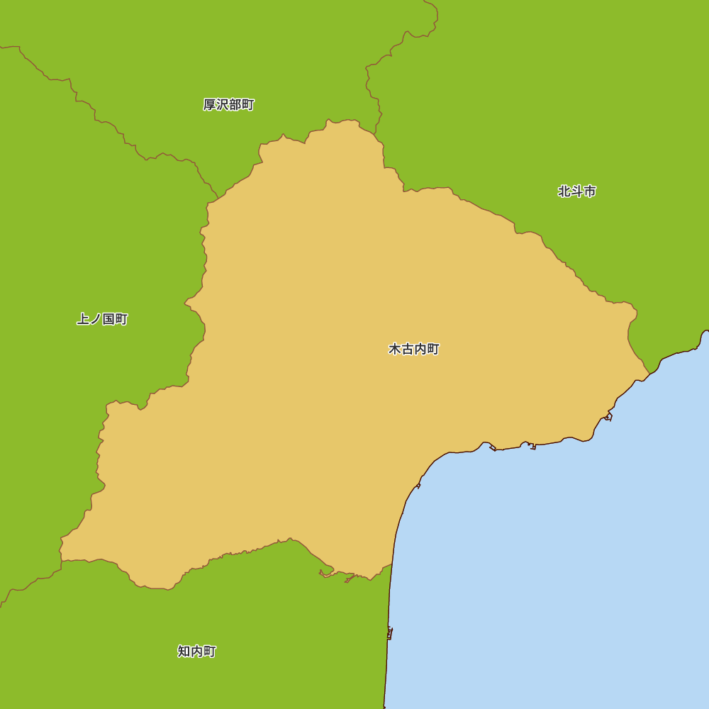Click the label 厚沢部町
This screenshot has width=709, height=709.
click(x=228, y=105)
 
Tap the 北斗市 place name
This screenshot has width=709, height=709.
click(x=576, y=191)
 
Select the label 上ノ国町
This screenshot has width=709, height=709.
click(x=102, y=319)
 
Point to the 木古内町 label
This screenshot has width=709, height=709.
click(x=414, y=350)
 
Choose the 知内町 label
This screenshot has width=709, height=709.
click(x=196, y=651)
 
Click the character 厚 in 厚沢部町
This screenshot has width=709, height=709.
click(x=209, y=105)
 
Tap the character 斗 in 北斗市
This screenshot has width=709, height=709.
click(x=577, y=191)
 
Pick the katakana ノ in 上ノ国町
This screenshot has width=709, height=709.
click(x=95, y=319)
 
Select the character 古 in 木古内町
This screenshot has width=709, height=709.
click(x=408, y=350)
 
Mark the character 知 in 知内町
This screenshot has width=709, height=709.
click(x=184, y=651)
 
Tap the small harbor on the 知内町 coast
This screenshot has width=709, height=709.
click(x=389, y=632)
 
